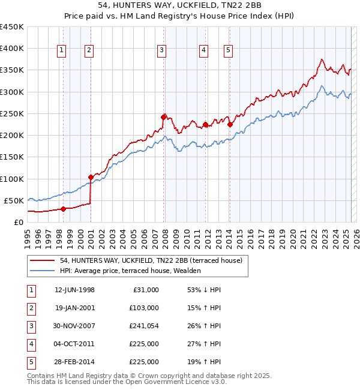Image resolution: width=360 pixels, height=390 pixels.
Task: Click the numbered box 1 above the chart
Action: tap(62, 51)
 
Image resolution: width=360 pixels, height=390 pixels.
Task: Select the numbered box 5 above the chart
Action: tap(229, 51)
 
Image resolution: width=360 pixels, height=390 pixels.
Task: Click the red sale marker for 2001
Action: tap(91, 177)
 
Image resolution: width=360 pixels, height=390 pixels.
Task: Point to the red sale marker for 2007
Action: tap(163, 117)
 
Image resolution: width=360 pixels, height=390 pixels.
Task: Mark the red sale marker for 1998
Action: tap(63, 209)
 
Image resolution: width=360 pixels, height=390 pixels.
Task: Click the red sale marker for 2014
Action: tap(230, 124)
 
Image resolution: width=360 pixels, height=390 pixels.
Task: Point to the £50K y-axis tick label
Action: tap(14, 200)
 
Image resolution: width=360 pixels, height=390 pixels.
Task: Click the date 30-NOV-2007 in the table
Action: tap(75, 326)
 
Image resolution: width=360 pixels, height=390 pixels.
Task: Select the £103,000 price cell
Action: tap(144, 308)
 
